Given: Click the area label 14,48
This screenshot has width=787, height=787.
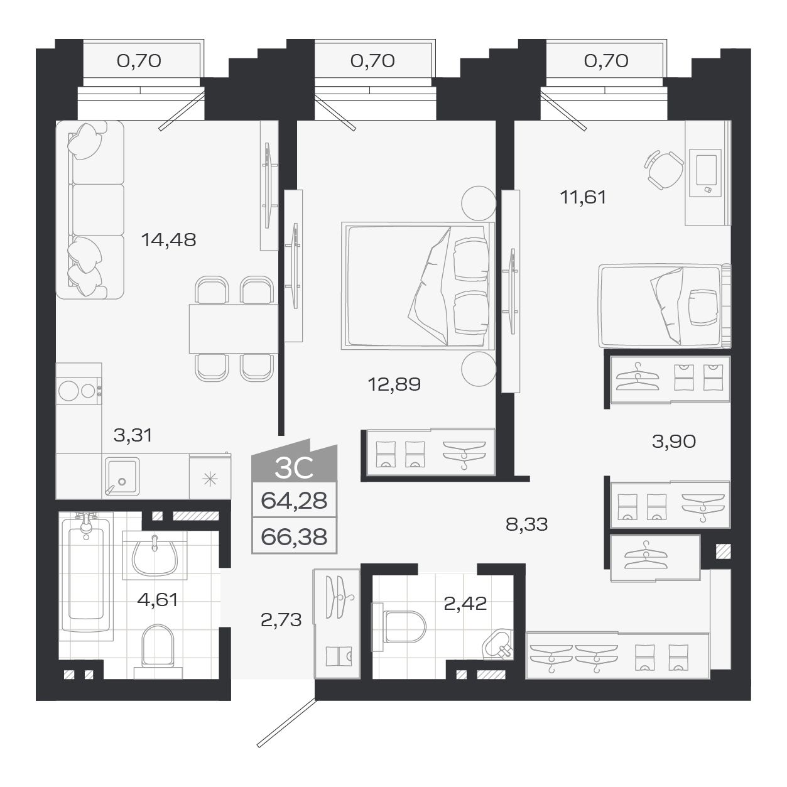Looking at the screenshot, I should [168, 239].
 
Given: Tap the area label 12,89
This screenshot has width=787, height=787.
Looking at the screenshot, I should [394, 384].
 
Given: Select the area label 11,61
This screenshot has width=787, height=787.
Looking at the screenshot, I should [583, 197].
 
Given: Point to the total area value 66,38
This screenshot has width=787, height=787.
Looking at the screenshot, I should [294, 537].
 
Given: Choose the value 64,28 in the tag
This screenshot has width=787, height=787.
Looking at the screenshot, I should [294, 501].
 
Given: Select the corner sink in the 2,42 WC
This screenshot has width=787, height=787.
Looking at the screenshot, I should [499, 645].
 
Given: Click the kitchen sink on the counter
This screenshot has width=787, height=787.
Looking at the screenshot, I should [122, 477].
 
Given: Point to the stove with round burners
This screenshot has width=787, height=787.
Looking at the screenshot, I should [79, 391].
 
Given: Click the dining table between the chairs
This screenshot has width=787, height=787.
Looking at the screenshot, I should [233, 328].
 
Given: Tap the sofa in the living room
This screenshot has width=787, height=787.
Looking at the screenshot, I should [89, 210].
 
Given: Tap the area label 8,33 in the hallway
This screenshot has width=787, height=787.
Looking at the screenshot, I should [526, 524].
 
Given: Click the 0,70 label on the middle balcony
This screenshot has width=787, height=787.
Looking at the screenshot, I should [372, 60].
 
